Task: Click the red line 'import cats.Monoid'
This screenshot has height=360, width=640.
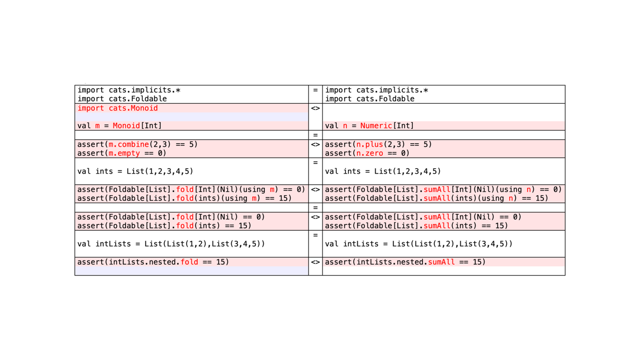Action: tap(117, 109)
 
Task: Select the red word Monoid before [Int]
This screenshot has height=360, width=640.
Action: tap(126, 126)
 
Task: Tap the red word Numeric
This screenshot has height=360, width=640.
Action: tap(376, 126)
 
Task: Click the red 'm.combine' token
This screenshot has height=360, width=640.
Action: tap(129, 144)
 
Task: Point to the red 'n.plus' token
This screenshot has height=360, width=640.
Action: tap(370, 144)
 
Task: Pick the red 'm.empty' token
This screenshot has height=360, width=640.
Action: tap(124, 153)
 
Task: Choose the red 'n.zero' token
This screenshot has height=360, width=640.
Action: tap(370, 153)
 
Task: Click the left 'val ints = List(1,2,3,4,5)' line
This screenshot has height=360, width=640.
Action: tap(135, 171)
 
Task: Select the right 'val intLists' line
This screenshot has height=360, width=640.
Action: tap(419, 244)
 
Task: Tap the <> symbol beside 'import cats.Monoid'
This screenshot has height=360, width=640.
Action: tap(315, 109)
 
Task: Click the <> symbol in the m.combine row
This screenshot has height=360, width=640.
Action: tap(315, 144)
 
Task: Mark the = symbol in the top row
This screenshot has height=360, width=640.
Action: tap(315, 90)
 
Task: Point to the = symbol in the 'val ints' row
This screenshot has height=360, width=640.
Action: tap(315, 163)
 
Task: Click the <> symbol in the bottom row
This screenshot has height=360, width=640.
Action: tap(315, 262)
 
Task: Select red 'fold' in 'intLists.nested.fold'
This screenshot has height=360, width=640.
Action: tap(189, 262)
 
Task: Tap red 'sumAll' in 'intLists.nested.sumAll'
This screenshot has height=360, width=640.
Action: tap(441, 262)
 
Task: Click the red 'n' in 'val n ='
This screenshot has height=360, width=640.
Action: tap(345, 126)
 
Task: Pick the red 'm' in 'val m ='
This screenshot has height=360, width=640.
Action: tap(98, 126)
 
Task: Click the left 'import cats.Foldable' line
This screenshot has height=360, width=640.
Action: tap(122, 99)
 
